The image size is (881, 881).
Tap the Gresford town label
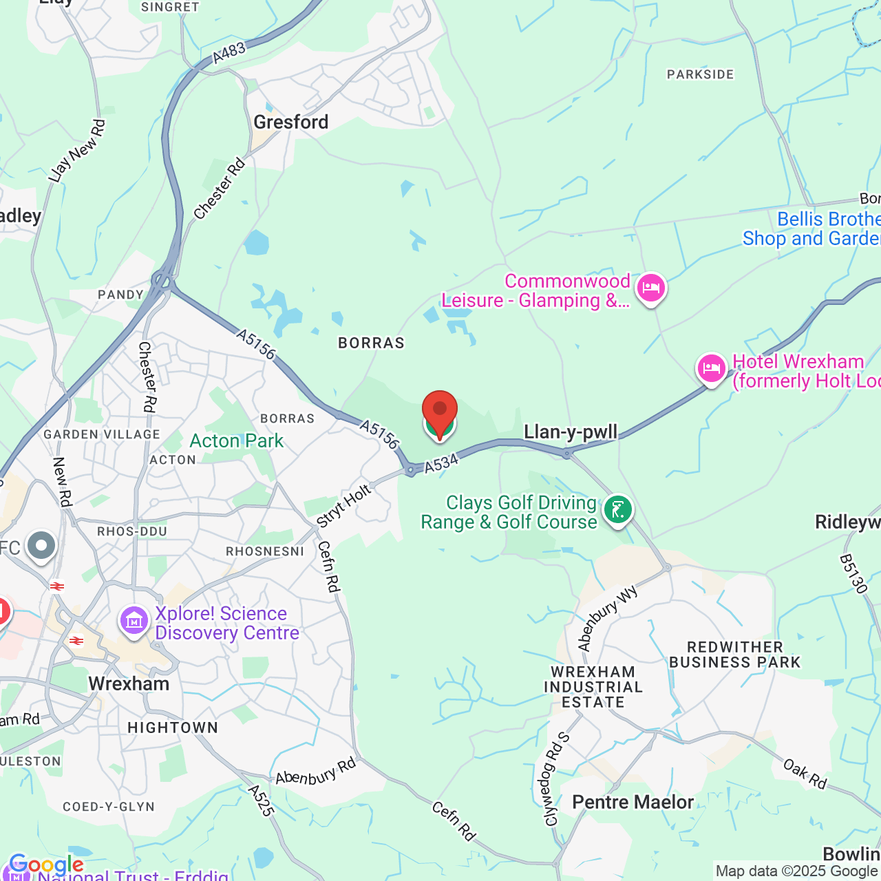coord(291,123)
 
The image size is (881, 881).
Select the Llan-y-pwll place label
coord(571,432)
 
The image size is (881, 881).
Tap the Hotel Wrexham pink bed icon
coord(711,369)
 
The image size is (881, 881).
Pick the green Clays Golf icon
coord(617,510)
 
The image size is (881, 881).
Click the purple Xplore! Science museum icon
coord(134,621)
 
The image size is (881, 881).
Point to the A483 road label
coord(229,52)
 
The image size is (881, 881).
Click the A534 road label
coord(440,465)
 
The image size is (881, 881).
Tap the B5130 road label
coord(853,574)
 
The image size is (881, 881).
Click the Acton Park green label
coord(237,440)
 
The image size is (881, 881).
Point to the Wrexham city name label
coord(129,683)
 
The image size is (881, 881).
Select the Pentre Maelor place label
coord(633,802)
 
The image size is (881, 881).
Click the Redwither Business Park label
coord(735,655)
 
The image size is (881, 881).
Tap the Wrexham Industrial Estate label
coord(593,687)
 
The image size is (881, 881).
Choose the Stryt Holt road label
coord(344,506)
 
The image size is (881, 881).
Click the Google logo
coord(45,864)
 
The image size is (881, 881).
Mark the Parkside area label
coord(700,74)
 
